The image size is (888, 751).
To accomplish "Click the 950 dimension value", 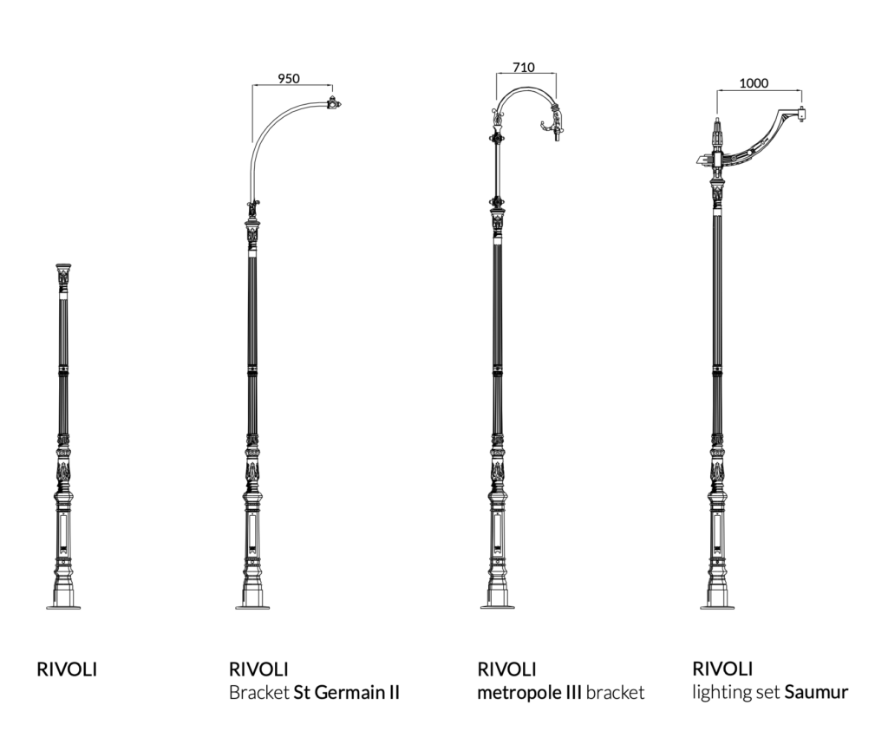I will click(289, 78).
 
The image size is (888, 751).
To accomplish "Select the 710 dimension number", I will click(523, 67).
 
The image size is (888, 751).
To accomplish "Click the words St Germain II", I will click(347, 693).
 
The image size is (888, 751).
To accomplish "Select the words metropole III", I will click(529, 693).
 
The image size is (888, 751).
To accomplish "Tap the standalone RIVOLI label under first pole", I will click(67, 669).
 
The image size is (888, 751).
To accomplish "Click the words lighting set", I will click(736, 692).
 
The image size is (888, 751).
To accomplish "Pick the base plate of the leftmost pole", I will click(63, 607).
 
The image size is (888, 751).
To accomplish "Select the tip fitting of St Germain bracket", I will click(333, 105).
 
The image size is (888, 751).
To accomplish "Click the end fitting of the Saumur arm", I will click(802, 112).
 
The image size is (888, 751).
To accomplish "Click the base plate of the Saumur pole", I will click(717, 607).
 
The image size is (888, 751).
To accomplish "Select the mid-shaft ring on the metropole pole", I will click(497, 370).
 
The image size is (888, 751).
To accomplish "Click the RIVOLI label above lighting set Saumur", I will click(722, 669).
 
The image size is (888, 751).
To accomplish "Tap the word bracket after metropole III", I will click(616, 693).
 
